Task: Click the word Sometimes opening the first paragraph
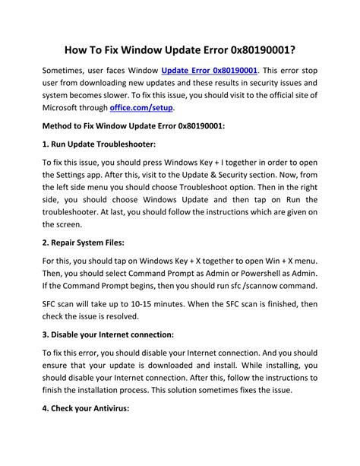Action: [x=66, y=70]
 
